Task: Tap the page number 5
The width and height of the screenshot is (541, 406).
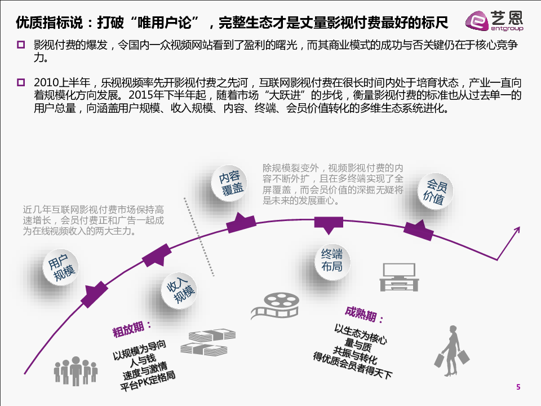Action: click(518, 387)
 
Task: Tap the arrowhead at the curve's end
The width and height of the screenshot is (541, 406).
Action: click(515, 228)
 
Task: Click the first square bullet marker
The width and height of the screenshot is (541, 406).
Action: click(21, 45)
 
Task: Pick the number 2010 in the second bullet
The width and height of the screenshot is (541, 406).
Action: click(47, 82)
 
